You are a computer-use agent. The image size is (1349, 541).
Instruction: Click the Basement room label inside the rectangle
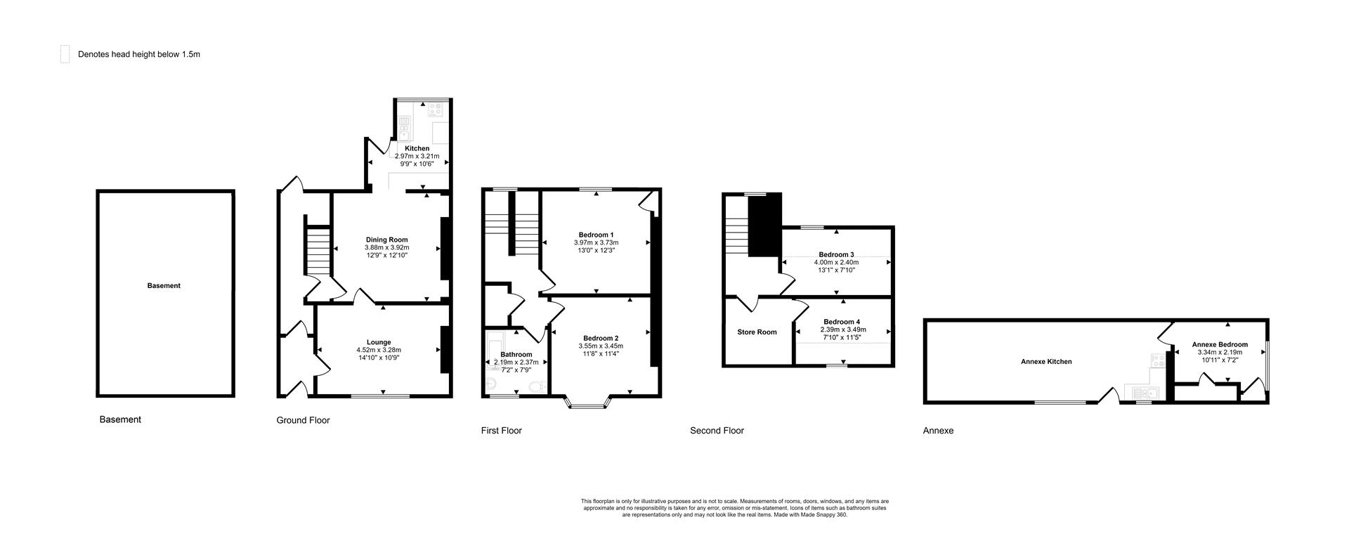click(x=164, y=286)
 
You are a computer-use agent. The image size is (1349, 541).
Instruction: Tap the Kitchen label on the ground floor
click(x=417, y=148)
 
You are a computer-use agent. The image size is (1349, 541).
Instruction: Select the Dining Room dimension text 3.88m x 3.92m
click(x=386, y=247)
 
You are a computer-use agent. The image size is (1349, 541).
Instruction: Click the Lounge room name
click(x=379, y=342)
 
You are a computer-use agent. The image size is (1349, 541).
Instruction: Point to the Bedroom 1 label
click(x=596, y=235)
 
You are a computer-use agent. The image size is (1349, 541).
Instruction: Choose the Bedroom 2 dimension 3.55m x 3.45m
click(x=600, y=346)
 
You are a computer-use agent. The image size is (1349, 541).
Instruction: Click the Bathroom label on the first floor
click(x=516, y=354)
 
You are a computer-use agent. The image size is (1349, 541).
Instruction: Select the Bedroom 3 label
click(x=836, y=254)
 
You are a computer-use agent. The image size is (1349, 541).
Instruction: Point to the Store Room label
click(x=757, y=332)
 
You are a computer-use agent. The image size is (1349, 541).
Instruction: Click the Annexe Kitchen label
click(x=1046, y=362)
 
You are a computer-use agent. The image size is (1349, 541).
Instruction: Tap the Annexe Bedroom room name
click(x=1220, y=344)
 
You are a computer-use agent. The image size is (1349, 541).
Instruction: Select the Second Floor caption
click(x=717, y=431)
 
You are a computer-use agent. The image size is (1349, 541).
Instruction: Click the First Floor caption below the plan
click(x=501, y=431)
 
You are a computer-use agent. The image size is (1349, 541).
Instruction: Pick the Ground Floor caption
click(x=303, y=420)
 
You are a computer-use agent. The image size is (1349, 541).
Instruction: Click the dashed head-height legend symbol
click(x=65, y=54)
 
